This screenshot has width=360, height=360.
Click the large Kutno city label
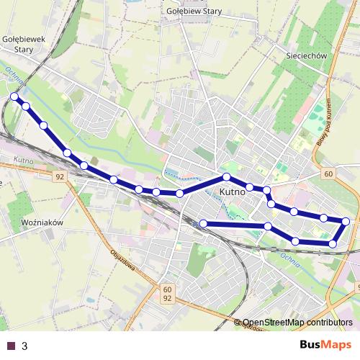tap(231, 192)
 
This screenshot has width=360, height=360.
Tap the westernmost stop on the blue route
tap(14, 96)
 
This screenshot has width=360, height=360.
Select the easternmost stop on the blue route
tap(346, 221)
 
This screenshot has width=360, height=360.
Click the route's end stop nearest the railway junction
tap(204, 224)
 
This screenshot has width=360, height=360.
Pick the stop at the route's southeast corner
tap(333, 244)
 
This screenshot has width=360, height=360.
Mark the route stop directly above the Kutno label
tap(226, 177)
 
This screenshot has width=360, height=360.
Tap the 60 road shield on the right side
tap(328, 174)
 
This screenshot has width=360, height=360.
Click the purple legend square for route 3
tap(10, 346)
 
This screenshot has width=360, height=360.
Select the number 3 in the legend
tap(24, 346)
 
